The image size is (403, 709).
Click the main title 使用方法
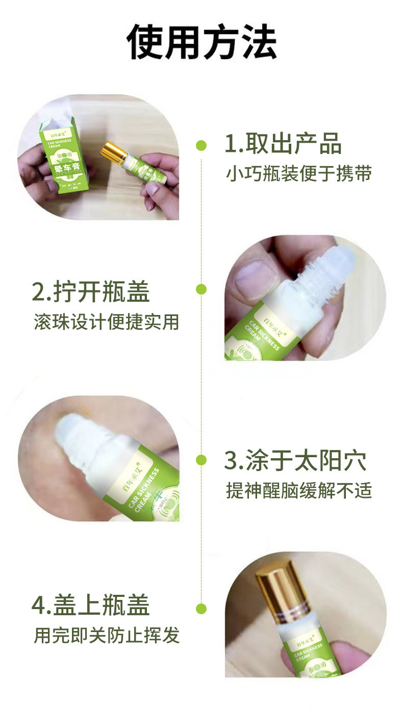coord(202,41)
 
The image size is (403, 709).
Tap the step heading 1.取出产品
coord(283,145)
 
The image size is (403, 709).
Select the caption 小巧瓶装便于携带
coord(299,174)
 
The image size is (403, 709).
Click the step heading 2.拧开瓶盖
coord(91,292)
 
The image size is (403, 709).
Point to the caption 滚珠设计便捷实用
coord(107,322)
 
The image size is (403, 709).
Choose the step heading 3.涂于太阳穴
coord(295,461)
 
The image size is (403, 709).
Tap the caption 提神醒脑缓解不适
coord(299,490)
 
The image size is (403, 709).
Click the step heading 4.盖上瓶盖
coord(91,606)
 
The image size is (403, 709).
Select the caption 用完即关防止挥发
coord(107,635)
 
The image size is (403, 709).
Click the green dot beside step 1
coord(202,146)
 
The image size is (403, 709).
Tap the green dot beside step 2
coord(202,290)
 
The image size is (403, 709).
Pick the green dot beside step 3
coord(202,460)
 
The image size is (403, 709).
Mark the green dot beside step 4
coord(202,608)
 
